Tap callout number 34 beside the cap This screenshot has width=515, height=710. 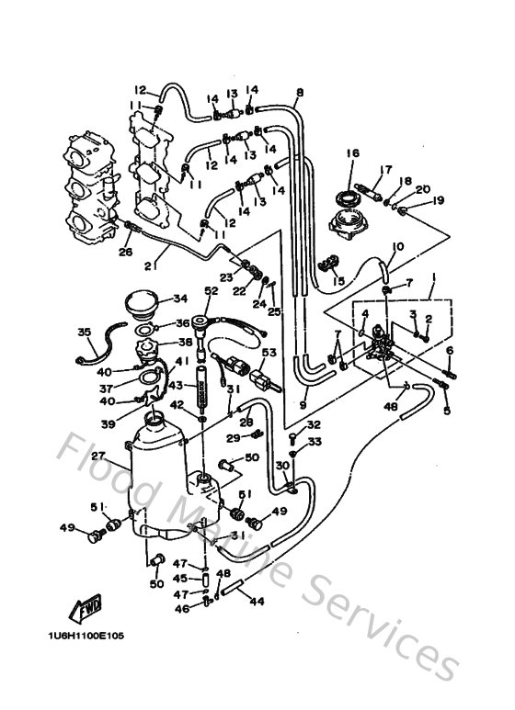(x=179, y=298)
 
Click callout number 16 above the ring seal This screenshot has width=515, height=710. (x=351, y=152)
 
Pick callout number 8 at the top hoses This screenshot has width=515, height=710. (x=300, y=92)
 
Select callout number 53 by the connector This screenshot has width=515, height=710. (x=269, y=353)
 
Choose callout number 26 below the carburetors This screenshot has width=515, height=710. (x=125, y=253)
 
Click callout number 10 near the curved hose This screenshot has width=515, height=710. (x=398, y=246)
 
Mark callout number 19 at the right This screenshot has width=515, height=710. (x=439, y=200)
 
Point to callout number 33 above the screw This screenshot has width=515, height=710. (x=314, y=443)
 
